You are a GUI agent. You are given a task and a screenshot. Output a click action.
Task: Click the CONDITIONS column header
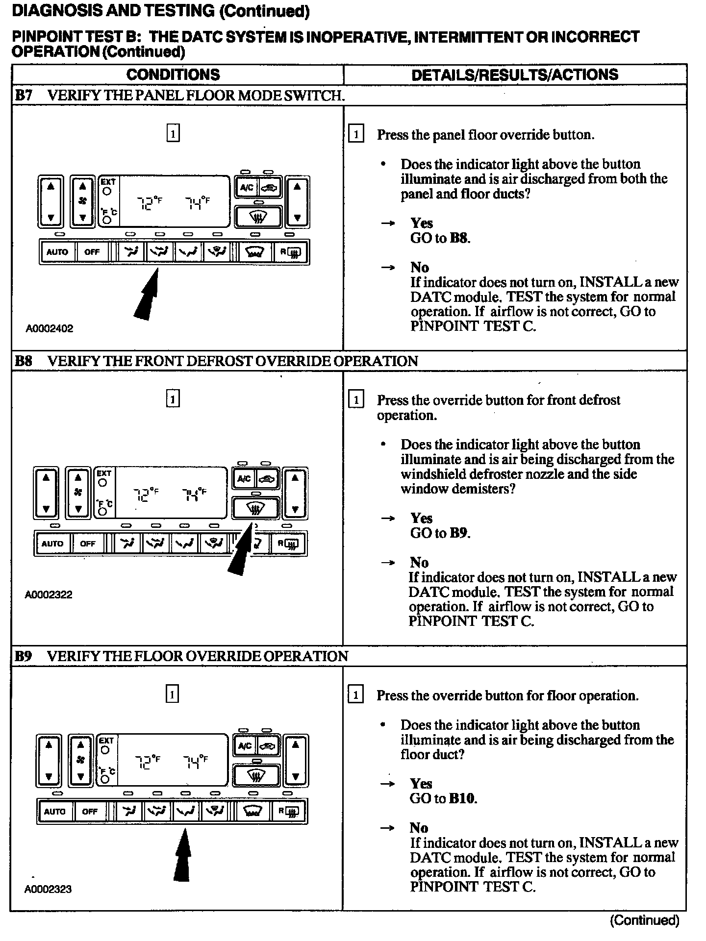pos(173,74)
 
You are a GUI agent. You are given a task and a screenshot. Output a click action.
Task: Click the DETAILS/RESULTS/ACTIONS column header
pos(515,74)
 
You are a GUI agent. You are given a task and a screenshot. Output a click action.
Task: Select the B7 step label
pos(24,95)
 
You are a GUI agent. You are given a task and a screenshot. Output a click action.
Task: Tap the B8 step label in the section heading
pos(24,361)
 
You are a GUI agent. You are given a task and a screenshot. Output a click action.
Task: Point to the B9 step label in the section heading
pos(24,656)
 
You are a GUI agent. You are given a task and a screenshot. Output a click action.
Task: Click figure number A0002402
pos(49,328)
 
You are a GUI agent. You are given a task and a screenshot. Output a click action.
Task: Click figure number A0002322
pos(49,594)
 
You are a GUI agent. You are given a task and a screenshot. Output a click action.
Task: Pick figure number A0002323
pos(48,889)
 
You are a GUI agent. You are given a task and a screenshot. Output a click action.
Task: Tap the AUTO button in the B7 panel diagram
pos(57,252)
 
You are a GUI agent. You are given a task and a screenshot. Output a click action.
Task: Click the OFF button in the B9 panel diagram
pos(90,811)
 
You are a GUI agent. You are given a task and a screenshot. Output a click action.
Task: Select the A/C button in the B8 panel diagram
pos(244,479)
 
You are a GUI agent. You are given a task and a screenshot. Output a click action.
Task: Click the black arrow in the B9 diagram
pos(182,855)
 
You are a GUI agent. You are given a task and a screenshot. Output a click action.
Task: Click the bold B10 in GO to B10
pos(462,798)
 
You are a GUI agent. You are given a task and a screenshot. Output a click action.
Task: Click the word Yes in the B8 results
pos(422,518)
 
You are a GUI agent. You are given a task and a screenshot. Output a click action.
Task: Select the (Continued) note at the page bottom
pos(644,920)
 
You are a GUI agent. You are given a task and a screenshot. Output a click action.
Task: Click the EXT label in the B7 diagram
pos(107,181)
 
